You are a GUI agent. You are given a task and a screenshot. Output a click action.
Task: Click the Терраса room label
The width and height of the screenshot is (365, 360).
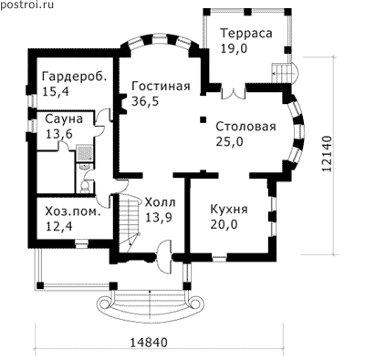246,33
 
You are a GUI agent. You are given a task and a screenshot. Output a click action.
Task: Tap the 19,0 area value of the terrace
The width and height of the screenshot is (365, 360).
234,48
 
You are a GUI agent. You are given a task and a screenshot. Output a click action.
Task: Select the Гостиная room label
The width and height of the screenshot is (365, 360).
161,86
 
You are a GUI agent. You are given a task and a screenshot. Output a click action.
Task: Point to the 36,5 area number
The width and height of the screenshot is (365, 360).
145,101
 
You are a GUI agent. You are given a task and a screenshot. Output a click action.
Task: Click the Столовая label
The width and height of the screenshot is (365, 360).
245,127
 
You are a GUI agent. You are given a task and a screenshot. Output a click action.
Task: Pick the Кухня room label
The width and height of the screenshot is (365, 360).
229,210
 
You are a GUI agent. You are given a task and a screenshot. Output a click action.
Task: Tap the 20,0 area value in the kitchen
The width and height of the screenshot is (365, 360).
224,224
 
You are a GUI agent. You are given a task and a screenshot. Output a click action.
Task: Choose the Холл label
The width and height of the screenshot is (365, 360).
160,202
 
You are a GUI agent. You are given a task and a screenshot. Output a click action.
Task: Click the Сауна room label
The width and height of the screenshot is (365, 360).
64,119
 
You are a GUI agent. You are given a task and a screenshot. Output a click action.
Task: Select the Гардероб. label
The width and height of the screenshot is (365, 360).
75,77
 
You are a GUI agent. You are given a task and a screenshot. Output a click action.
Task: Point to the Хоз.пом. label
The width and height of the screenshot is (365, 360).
73,211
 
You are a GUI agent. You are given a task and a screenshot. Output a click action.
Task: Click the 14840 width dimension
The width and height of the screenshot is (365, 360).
149,343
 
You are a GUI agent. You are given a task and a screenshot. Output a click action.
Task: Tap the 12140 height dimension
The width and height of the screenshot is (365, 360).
326,154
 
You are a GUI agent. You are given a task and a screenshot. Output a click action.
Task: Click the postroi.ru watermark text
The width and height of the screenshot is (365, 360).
26,5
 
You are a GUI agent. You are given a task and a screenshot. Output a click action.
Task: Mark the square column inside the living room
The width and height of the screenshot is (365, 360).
203,119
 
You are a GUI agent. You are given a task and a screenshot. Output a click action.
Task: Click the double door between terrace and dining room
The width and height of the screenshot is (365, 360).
234,92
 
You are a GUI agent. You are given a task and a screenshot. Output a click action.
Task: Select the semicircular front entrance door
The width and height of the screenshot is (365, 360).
164,257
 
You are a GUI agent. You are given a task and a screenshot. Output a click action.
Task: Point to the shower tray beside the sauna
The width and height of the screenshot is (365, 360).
83,152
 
